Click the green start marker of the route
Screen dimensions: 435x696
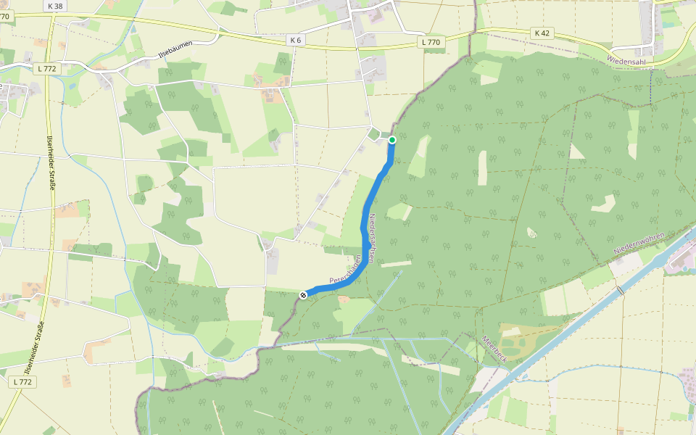(392, 140)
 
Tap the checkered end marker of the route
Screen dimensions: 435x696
(303, 294)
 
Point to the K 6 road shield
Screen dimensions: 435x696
(294, 40)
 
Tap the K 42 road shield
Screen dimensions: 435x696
(542, 33)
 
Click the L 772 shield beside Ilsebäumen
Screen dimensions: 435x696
(45, 68)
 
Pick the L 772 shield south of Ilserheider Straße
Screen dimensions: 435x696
(22, 381)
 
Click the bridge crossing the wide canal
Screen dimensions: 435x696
(620, 291)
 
